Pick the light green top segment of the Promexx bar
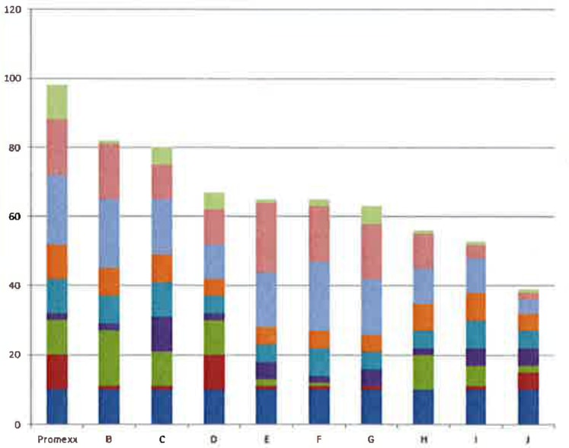coord(57,102)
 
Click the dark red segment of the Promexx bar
coord(57,372)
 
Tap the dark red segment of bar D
coord(215,372)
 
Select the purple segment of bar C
coord(162,334)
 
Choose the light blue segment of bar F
coord(320,296)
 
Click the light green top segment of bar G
coord(372,215)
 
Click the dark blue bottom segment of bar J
coord(529,407)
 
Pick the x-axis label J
coord(529,439)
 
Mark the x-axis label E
coord(267,439)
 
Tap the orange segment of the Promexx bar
coord(57,261)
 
